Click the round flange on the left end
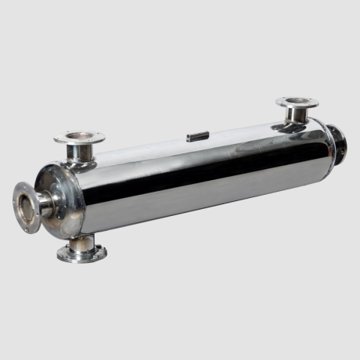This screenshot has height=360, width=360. click(27, 207)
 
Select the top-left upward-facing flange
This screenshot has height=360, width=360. click(79, 139)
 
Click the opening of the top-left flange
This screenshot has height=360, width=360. click(79, 137)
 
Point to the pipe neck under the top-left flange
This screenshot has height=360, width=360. click(79, 153)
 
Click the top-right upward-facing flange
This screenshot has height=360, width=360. click(297, 103)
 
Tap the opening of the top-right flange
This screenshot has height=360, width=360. click(297, 101)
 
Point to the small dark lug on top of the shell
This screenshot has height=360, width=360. click(198, 137)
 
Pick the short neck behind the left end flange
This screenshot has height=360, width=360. click(46, 203)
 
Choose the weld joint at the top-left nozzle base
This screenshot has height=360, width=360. click(79, 161)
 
